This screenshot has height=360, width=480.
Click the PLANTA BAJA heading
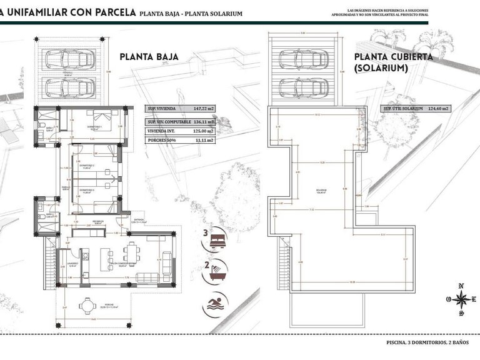tap(149, 56)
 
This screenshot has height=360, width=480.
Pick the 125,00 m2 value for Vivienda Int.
tap(201, 132)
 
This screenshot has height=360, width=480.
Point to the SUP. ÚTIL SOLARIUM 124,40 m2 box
tap(416, 108)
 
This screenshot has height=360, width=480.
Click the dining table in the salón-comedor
tap(132, 253)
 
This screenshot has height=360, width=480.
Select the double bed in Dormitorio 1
tap(100, 119)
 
